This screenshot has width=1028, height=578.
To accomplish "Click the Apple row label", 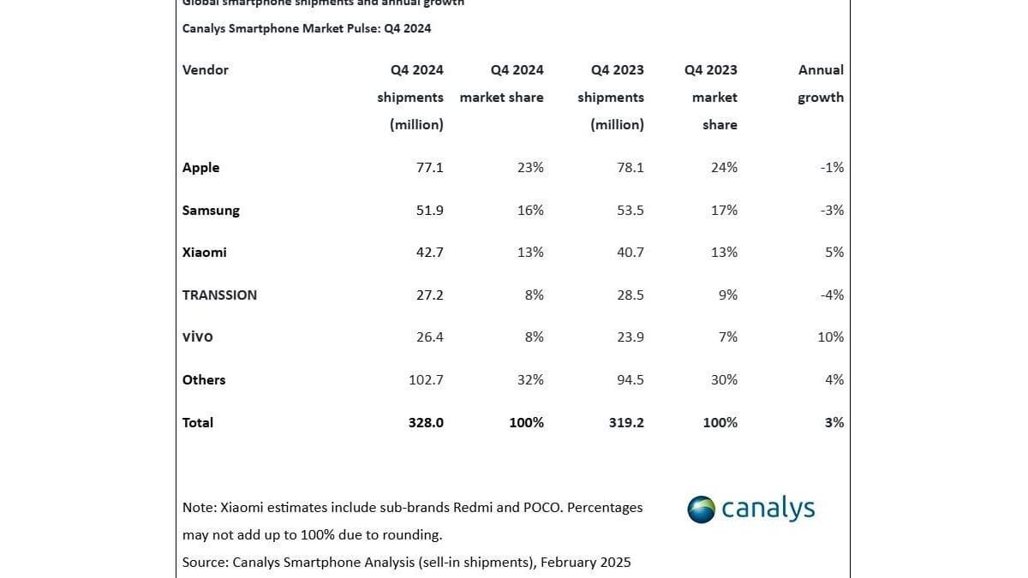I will [200, 168].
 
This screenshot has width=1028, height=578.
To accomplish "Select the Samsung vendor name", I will [211, 211].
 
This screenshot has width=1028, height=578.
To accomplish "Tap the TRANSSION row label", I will [219, 295].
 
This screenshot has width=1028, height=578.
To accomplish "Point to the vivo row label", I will [197, 337].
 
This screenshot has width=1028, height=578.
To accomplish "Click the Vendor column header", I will [205, 70].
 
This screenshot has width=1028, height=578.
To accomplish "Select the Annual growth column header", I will [821, 83].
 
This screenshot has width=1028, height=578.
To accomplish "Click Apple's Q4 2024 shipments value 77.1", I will [429, 168].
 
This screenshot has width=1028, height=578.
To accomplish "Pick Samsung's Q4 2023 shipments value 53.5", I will [630, 211].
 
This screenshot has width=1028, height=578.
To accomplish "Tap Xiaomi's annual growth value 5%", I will [834, 253].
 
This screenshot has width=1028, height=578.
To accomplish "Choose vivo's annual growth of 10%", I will [830, 337].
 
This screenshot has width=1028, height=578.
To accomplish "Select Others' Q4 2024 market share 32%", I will [529, 379].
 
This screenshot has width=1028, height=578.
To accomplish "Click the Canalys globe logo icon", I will [702, 509].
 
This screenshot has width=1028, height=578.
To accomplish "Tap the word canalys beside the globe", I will [768, 509].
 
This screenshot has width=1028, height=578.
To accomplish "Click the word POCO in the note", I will [541, 507].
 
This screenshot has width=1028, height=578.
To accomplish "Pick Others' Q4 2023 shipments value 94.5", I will [630, 379].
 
